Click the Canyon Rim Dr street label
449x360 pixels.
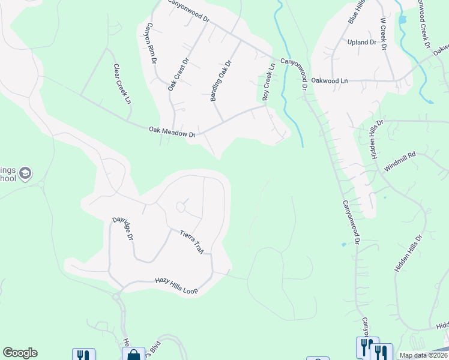click(x=150, y=43)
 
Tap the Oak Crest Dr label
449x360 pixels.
click(x=178, y=74)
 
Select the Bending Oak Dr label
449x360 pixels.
click(x=221, y=80)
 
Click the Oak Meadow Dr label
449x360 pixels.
click(x=172, y=131)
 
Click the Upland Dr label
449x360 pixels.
click(x=361, y=43)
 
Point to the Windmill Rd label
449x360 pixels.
click(x=400, y=163)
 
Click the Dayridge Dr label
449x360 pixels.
click(x=122, y=228)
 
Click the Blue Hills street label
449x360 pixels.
click(x=357, y=12)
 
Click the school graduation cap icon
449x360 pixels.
click(x=25, y=174)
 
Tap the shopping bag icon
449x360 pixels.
click(x=133, y=355)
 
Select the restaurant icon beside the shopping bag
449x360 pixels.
click(x=83, y=355)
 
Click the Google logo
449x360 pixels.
click(x=20, y=353)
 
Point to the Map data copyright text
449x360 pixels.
click(x=423, y=355)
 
